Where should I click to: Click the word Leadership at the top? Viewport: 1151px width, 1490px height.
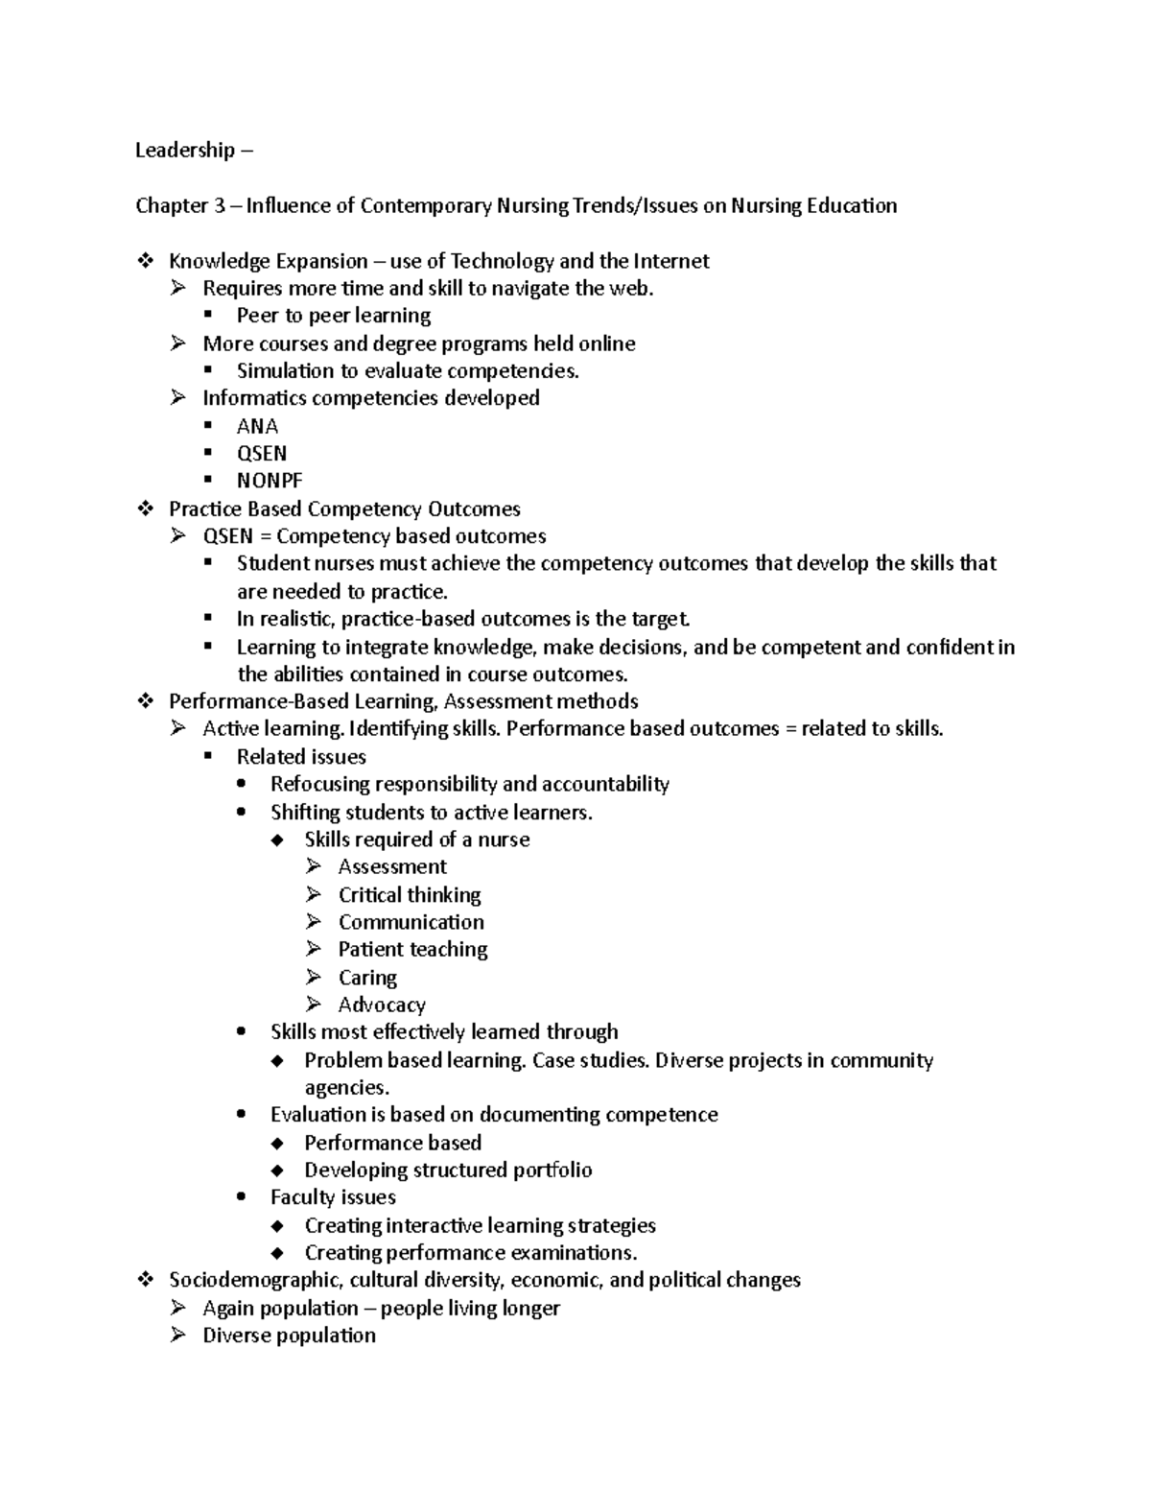(x=184, y=150)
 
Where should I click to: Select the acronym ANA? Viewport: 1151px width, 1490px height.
(x=257, y=426)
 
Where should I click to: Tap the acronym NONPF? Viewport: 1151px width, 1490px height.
(x=270, y=481)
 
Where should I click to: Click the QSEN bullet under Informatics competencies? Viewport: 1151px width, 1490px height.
(x=262, y=453)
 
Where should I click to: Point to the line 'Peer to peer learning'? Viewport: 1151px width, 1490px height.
(x=333, y=316)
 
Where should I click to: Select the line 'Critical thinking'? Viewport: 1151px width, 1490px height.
(x=410, y=895)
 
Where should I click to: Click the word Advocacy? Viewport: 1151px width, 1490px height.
(x=382, y=1005)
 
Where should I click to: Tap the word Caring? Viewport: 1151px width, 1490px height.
(x=367, y=978)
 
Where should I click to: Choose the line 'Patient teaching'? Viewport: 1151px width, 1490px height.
(x=412, y=950)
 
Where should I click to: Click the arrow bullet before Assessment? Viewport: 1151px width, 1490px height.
(x=314, y=866)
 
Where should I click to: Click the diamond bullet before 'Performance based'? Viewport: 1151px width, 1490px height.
(x=278, y=1143)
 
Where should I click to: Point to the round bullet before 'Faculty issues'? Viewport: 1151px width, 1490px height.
(x=245, y=1197)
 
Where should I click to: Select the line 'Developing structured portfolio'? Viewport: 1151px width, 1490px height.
(x=448, y=1170)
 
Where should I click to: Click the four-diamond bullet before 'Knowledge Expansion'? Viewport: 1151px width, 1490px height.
(x=145, y=261)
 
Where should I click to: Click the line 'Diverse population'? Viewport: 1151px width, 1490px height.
(x=289, y=1336)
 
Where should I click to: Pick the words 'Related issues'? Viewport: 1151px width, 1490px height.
(x=301, y=757)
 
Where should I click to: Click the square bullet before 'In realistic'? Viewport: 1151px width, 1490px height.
(x=208, y=618)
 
